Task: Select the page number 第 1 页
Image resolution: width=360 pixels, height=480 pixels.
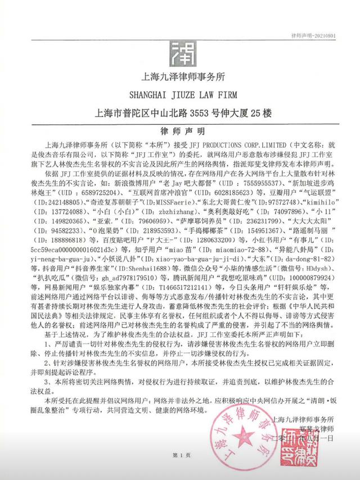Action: [180, 469]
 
